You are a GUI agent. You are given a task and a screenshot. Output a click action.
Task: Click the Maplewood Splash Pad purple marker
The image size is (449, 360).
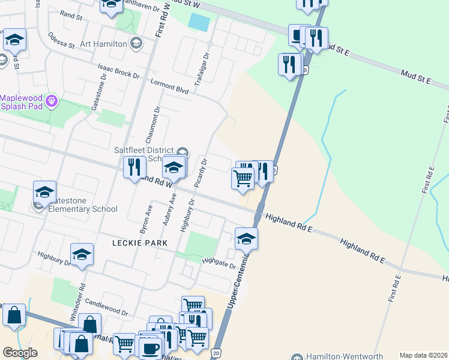pyautogui.click(x=52, y=100)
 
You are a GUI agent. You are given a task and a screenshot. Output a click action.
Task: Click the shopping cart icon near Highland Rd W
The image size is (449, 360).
pyautogui.click(x=243, y=179)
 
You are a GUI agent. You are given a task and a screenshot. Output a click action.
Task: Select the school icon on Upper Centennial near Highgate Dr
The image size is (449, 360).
pyautogui.click(x=246, y=239)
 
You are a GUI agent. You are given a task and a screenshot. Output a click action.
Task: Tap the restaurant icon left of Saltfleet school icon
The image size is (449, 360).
pyautogui.click(x=134, y=167)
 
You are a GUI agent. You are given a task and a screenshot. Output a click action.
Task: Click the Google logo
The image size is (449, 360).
pyautogui.click(x=20, y=353)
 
